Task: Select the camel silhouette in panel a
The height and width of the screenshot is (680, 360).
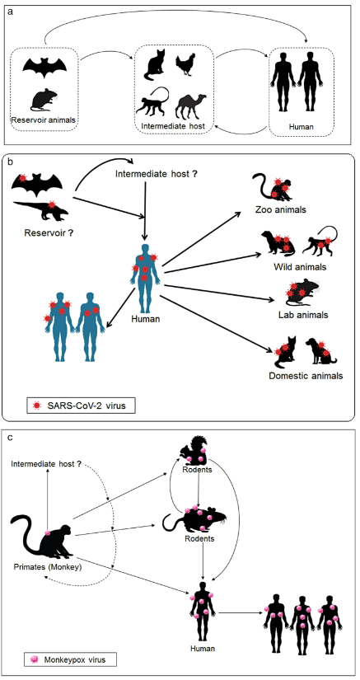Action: (189, 106)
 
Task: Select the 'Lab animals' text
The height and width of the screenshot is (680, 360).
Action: (303, 314)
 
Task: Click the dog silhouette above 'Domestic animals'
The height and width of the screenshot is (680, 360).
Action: (320, 352)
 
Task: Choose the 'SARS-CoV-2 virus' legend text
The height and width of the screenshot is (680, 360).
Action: (83, 406)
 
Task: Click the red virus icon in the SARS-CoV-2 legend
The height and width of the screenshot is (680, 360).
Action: (37, 406)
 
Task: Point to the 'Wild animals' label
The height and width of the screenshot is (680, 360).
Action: (300, 267)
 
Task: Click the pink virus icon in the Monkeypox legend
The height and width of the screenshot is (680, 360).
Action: (35, 659)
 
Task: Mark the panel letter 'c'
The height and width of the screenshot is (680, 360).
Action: (11, 437)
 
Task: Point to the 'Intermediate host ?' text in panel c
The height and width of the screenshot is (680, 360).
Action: (46, 465)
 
